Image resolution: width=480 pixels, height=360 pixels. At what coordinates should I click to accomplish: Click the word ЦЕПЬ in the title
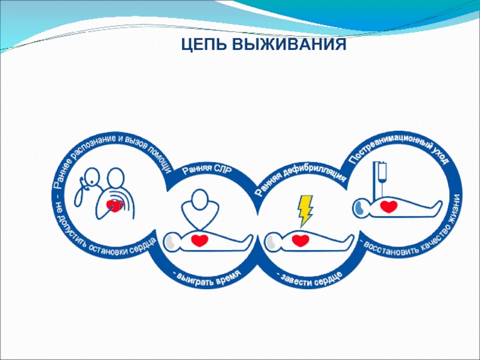(x=204, y=44)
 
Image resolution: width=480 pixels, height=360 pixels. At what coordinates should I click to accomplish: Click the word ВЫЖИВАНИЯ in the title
(x=289, y=44)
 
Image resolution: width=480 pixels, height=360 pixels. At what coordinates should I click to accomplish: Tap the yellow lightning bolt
(x=305, y=211)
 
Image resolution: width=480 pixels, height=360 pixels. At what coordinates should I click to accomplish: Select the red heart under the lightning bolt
(x=301, y=241)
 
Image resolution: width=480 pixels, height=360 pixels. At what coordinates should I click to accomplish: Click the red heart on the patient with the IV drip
(x=389, y=206)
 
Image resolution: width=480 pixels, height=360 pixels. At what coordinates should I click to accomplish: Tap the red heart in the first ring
(x=114, y=205)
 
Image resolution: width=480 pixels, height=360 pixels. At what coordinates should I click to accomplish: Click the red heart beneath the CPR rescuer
(x=200, y=241)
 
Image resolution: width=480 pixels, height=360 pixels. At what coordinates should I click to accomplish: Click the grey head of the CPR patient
(x=170, y=242)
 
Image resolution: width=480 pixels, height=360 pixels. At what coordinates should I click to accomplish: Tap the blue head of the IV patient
(x=359, y=208)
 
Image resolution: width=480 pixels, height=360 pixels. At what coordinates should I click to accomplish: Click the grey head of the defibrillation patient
(x=271, y=242)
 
